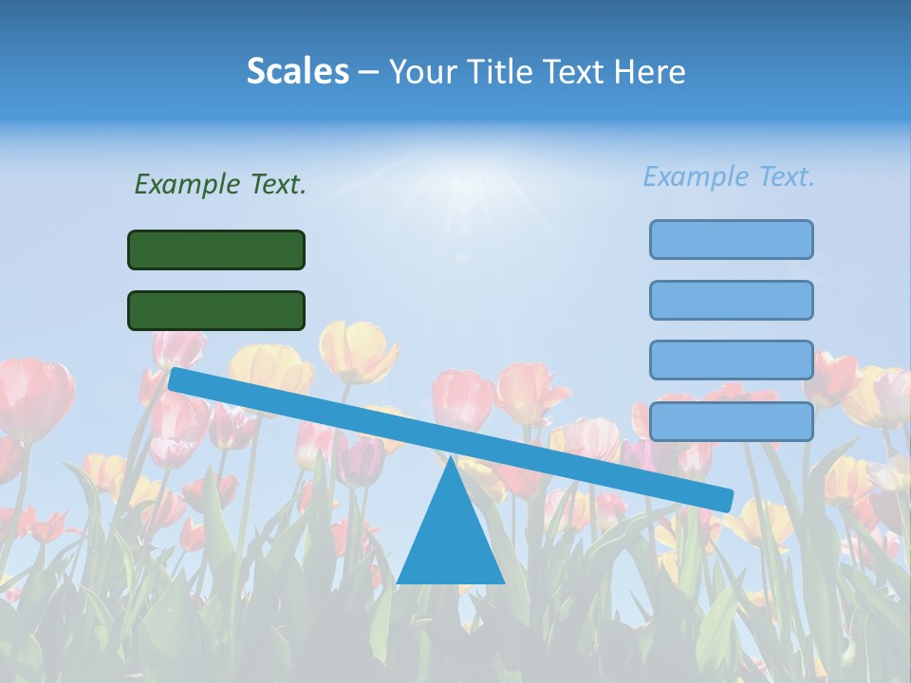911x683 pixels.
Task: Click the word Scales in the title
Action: (x=297, y=71)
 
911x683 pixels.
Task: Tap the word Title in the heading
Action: (x=506, y=71)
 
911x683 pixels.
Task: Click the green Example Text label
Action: (x=220, y=184)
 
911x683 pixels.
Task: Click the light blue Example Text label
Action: (x=729, y=176)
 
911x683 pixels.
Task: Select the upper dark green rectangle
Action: (x=216, y=249)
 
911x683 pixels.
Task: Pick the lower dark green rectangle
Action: (x=216, y=310)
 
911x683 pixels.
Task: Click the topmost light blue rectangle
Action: (x=731, y=239)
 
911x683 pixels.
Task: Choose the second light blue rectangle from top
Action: (x=731, y=300)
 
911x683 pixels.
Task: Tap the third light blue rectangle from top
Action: (x=731, y=360)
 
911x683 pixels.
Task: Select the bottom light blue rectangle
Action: (x=731, y=421)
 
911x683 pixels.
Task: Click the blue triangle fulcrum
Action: (x=450, y=541)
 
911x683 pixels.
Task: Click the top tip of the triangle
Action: (x=450, y=459)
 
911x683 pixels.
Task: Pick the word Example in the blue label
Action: (x=697, y=176)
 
